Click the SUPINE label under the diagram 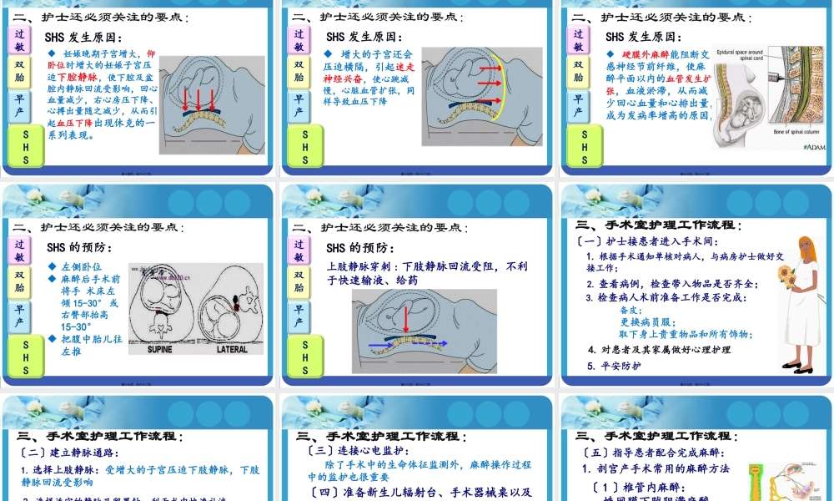(160, 349)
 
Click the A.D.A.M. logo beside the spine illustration (814, 147)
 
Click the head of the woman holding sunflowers (807, 249)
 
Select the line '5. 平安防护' (614, 366)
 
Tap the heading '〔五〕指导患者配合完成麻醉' (661, 453)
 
